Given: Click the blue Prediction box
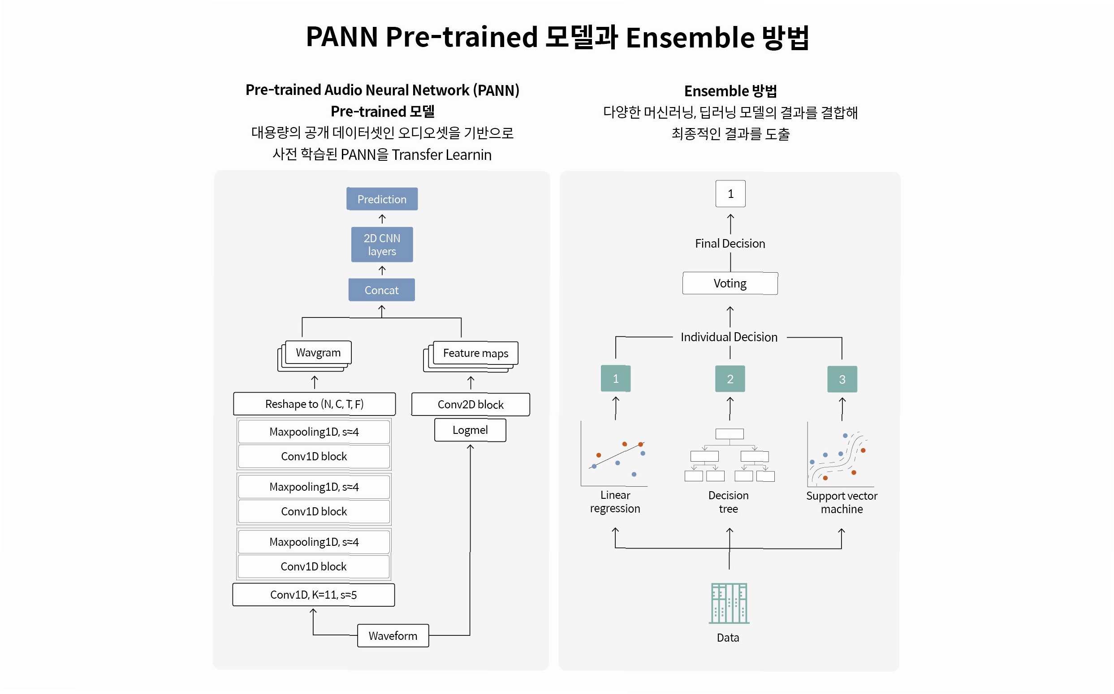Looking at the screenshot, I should coord(382,199).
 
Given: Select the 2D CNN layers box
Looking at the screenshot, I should coord(382,244).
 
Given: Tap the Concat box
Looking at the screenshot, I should coord(381,290).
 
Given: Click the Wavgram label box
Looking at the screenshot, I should coord(318,352).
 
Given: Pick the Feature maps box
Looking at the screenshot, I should coord(475,353).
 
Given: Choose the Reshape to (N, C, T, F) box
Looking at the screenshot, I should coord(314,404).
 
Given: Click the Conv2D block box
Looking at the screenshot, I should coord(471,404).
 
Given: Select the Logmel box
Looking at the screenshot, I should coord(470,430).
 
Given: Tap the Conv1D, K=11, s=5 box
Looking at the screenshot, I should coord(313,595).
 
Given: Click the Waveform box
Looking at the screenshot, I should coord(393,636).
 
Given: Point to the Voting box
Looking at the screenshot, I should coord(730,283).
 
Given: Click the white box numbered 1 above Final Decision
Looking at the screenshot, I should coord(730,194).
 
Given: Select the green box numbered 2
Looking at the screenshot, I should coord(730,379).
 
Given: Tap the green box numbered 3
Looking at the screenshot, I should coord(842,380).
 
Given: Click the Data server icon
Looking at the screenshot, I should coord(729,603).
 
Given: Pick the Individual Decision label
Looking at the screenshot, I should coord(729,337).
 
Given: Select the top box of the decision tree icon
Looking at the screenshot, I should coord(730,434).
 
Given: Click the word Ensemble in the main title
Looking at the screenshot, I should coord(690,37).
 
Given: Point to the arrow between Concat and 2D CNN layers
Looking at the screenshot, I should coord(382,270).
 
